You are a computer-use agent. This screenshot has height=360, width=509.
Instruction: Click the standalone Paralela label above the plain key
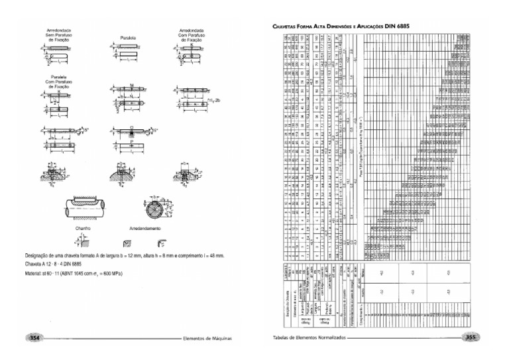[129, 38]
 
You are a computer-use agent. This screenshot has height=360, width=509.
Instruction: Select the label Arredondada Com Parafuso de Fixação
[190, 35]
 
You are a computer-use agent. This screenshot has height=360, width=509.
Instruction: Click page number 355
[472, 337]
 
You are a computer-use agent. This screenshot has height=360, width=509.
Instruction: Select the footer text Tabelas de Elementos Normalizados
[308, 337]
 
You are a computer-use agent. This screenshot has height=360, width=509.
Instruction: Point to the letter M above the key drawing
[133, 85]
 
